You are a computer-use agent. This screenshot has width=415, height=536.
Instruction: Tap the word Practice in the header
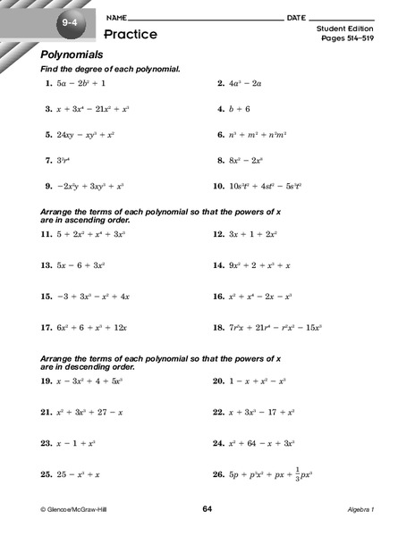(x=131, y=34)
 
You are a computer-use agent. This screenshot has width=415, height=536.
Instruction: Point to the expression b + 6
(x=241, y=109)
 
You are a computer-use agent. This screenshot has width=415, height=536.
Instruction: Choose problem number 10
(x=218, y=187)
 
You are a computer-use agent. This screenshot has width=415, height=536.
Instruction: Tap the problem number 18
(x=218, y=328)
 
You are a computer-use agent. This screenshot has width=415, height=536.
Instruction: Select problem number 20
(x=218, y=381)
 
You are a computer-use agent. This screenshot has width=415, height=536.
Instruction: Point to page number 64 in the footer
(x=207, y=509)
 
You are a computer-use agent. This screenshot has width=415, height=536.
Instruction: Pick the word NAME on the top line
(x=114, y=18)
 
